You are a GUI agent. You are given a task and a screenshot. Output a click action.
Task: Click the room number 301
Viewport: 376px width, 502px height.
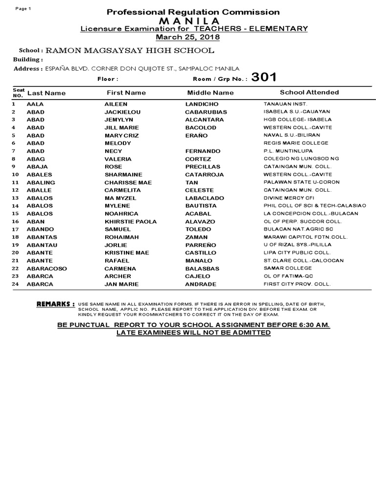[x=264, y=77]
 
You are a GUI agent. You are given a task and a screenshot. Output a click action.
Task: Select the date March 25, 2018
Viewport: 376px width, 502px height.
[x=188, y=37]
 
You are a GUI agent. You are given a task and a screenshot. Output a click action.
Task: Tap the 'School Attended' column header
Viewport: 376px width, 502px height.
[x=309, y=92]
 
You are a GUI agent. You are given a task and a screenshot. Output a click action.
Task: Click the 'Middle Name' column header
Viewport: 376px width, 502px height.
[x=211, y=92]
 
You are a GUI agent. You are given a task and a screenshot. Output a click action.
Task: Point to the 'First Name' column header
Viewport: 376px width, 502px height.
[x=126, y=92]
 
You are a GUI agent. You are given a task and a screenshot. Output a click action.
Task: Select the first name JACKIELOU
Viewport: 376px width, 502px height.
[x=122, y=112]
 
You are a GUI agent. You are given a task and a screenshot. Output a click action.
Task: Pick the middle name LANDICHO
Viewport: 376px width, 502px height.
[x=202, y=104]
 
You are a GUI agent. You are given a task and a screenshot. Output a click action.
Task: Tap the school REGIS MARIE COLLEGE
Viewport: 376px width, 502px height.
[x=296, y=143]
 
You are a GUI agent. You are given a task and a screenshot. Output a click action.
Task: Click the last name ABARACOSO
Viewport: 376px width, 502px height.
[x=47, y=269]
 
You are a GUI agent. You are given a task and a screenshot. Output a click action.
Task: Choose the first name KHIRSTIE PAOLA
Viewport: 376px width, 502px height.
[x=130, y=222]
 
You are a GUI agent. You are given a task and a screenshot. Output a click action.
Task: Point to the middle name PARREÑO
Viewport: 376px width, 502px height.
[x=200, y=245]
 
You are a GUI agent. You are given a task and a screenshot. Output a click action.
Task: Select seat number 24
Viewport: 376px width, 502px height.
[x=15, y=284]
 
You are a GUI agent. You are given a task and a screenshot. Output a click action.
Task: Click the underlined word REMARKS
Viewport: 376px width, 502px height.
[x=55, y=304]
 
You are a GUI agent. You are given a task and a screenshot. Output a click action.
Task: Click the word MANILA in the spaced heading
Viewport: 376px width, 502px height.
[x=188, y=21]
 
